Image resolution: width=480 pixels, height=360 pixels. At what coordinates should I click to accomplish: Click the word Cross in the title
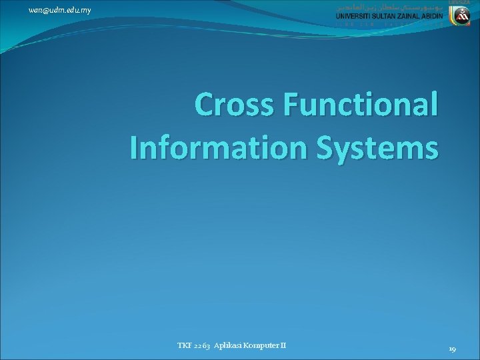coord(233,107)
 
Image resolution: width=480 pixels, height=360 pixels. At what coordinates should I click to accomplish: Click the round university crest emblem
coord(465,16)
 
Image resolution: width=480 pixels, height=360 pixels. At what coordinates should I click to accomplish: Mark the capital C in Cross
coord(205,107)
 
